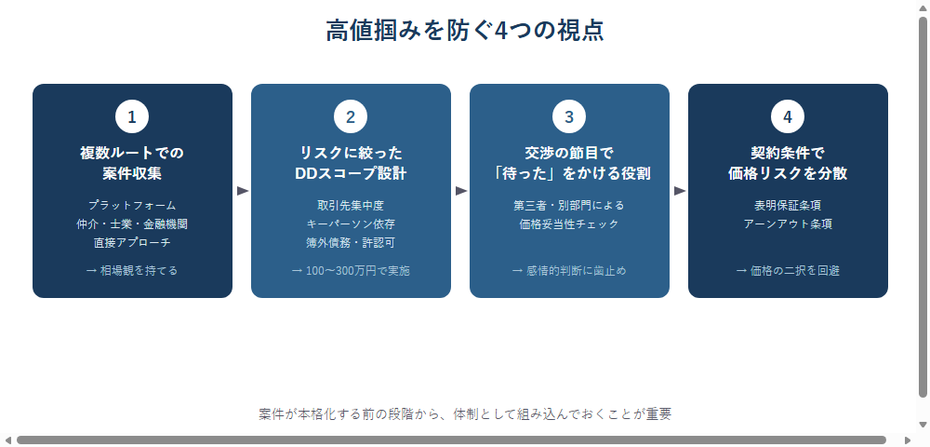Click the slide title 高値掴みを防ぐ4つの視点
point(465,31)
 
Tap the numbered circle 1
point(132,117)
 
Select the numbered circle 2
point(351,117)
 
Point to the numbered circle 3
point(569,117)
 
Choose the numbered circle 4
point(788,117)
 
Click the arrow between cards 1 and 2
point(242,191)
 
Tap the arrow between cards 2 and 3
point(461,191)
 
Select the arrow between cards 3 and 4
point(679,191)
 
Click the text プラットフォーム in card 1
point(132,206)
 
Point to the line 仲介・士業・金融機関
point(132,224)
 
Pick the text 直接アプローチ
point(132,243)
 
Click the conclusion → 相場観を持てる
point(132,271)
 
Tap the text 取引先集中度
point(351,206)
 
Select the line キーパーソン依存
point(351,224)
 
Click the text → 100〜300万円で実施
point(351,271)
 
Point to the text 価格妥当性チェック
point(569,224)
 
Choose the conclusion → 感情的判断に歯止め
point(569,271)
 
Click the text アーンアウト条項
point(788,224)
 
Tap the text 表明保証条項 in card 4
point(788,206)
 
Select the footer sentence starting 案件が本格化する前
point(465,414)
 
